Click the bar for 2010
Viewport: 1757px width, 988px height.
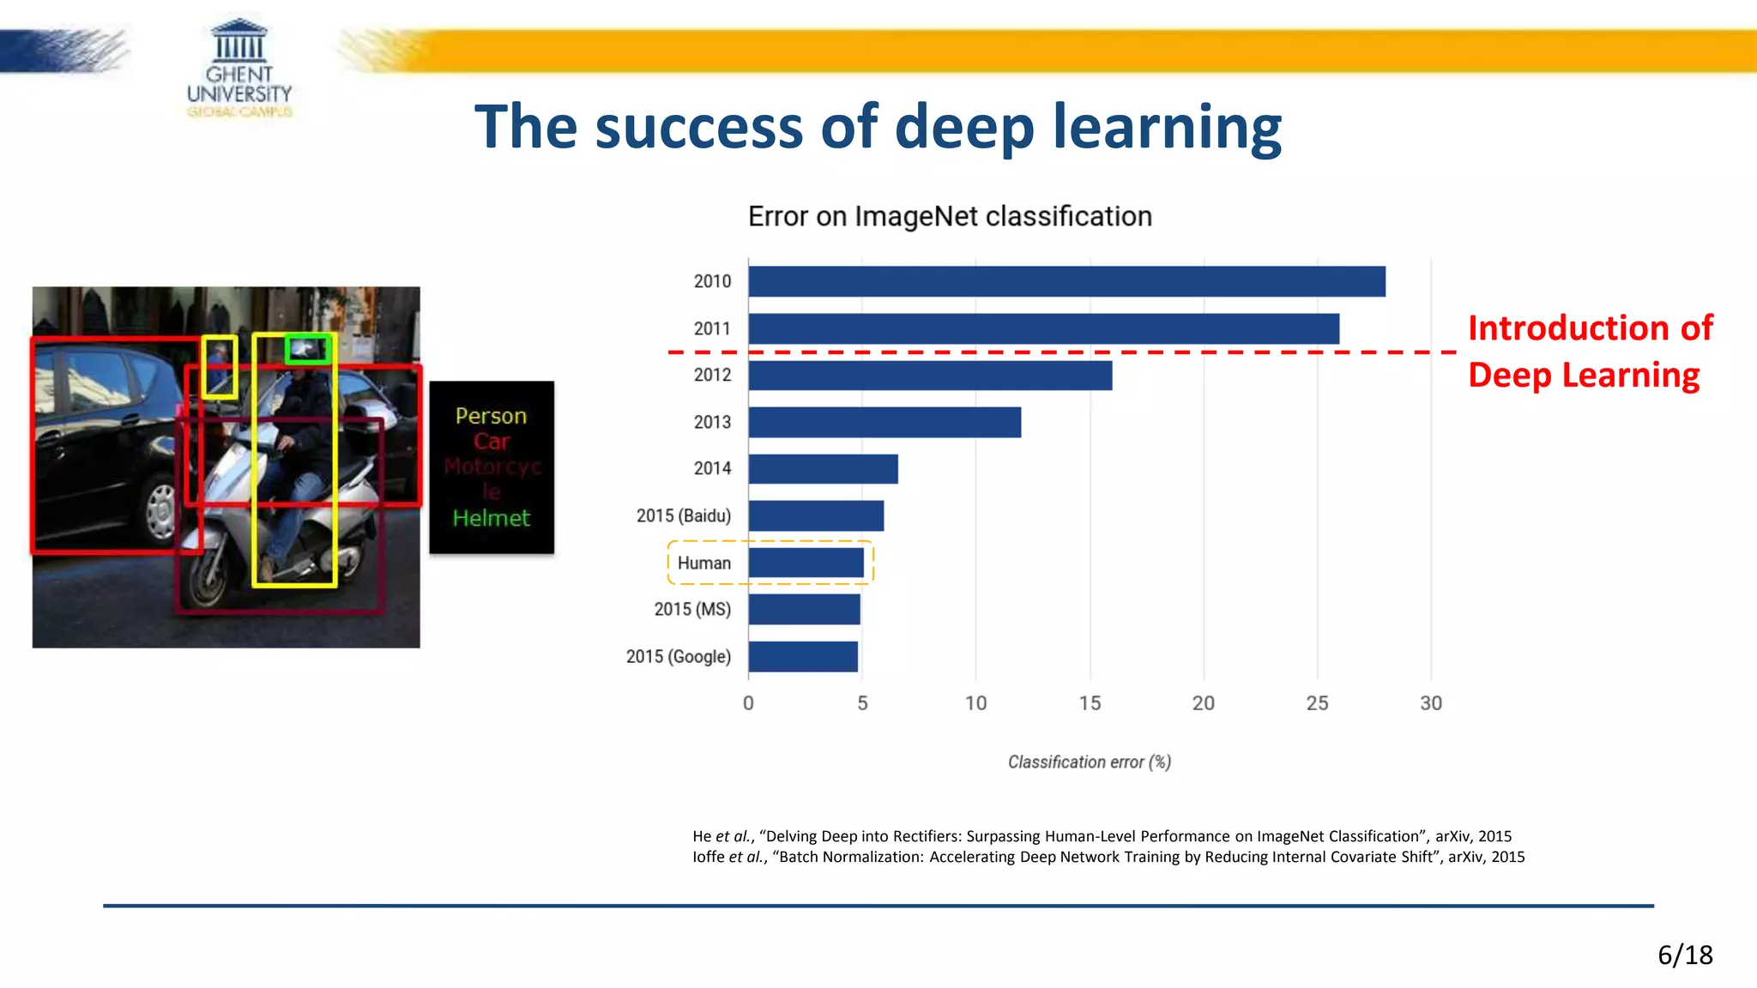click(x=1066, y=281)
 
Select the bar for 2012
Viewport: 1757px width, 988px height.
click(x=930, y=376)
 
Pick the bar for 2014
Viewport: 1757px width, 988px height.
click(x=823, y=469)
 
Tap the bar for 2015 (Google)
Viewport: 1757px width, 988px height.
click(x=803, y=657)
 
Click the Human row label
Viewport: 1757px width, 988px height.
click(x=703, y=563)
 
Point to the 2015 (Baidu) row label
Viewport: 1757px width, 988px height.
click(x=684, y=515)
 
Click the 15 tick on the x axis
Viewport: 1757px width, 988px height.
click(x=1090, y=703)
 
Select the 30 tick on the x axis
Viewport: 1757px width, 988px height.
click(x=1431, y=703)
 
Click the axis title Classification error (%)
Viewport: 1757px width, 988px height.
click(x=1089, y=762)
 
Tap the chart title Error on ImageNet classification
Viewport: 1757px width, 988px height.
click(x=950, y=217)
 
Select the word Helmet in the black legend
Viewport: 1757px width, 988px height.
click(x=491, y=518)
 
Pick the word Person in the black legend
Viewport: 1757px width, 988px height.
click(x=491, y=416)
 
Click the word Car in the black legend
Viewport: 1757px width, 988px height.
click(x=492, y=442)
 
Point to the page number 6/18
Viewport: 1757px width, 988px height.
click(x=1685, y=955)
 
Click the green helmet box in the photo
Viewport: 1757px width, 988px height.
click(x=307, y=348)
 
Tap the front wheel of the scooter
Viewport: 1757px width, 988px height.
click(x=206, y=576)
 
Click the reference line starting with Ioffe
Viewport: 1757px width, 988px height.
click(x=1108, y=857)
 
